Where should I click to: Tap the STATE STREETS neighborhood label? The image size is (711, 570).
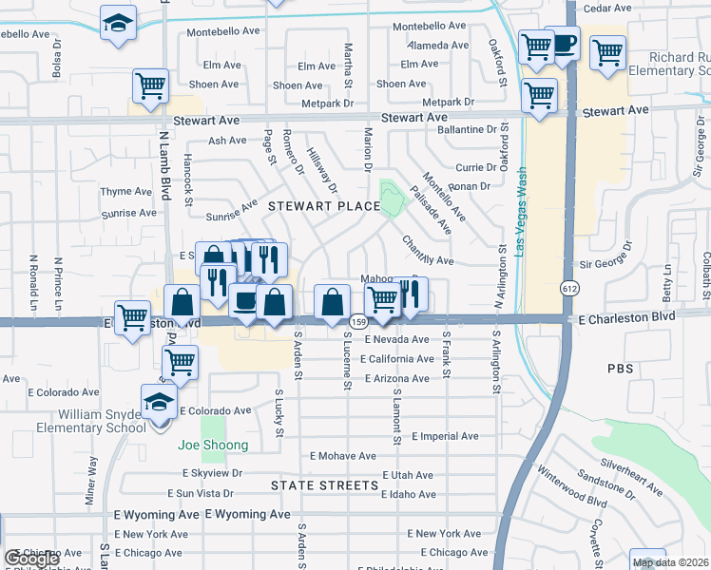click(x=324, y=485)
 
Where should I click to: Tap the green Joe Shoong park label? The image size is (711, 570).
click(x=213, y=445)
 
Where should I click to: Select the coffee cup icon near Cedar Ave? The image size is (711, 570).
click(x=564, y=44)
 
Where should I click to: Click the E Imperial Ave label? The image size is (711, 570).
click(x=445, y=437)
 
